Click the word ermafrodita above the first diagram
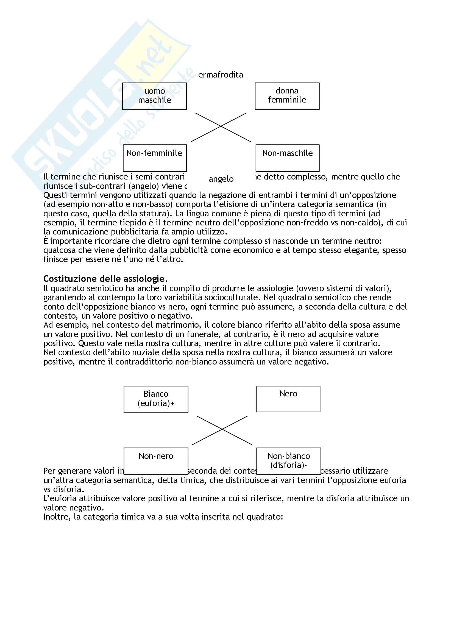(x=221, y=75)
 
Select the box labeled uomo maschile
(x=154, y=96)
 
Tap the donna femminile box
(x=287, y=96)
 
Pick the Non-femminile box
(x=155, y=158)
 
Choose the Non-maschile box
(x=287, y=158)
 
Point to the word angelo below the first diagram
(x=221, y=179)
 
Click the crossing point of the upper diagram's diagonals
(x=221, y=126)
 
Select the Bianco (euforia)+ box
(x=156, y=399)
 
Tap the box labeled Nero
(x=288, y=399)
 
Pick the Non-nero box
(x=156, y=461)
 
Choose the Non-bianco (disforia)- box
(x=288, y=461)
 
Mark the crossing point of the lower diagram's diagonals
(x=222, y=429)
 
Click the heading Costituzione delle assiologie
(x=104, y=279)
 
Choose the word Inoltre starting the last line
(x=57, y=517)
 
